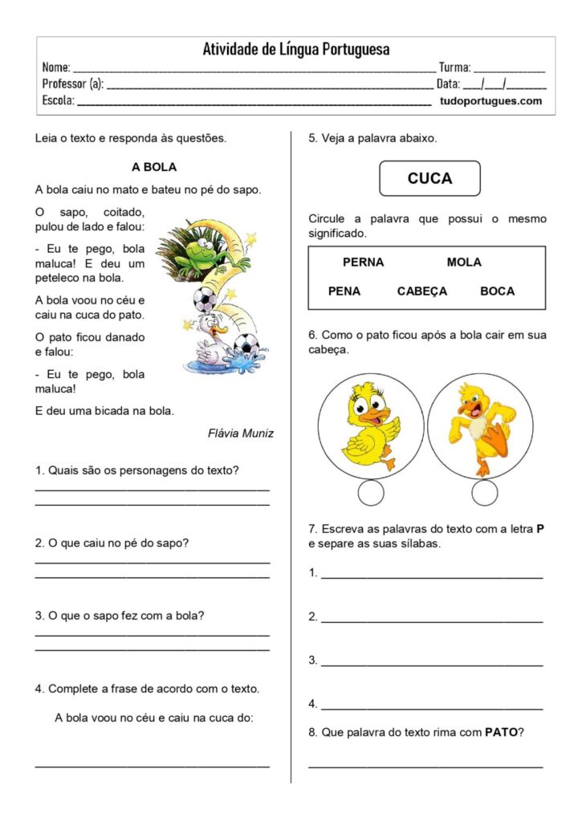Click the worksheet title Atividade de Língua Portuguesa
[x=295, y=49]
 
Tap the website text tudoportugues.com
[x=490, y=101]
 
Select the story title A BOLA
[x=153, y=167]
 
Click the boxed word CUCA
[x=429, y=178]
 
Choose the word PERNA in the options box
[x=363, y=262]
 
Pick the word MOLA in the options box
[x=464, y=262]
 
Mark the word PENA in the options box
[x=344, y=291]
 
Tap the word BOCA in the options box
[x=497, y=291]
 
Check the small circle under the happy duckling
[x=371, y=494]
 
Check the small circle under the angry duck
[x=484, y=494]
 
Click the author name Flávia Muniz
[x=240, y=433]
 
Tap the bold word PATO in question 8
[x=501, y=732]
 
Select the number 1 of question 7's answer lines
[x=312, y=573]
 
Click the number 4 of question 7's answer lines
[x=312, y=704]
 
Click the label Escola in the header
[x=57, y=101]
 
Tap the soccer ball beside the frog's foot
[x=206, y=300]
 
